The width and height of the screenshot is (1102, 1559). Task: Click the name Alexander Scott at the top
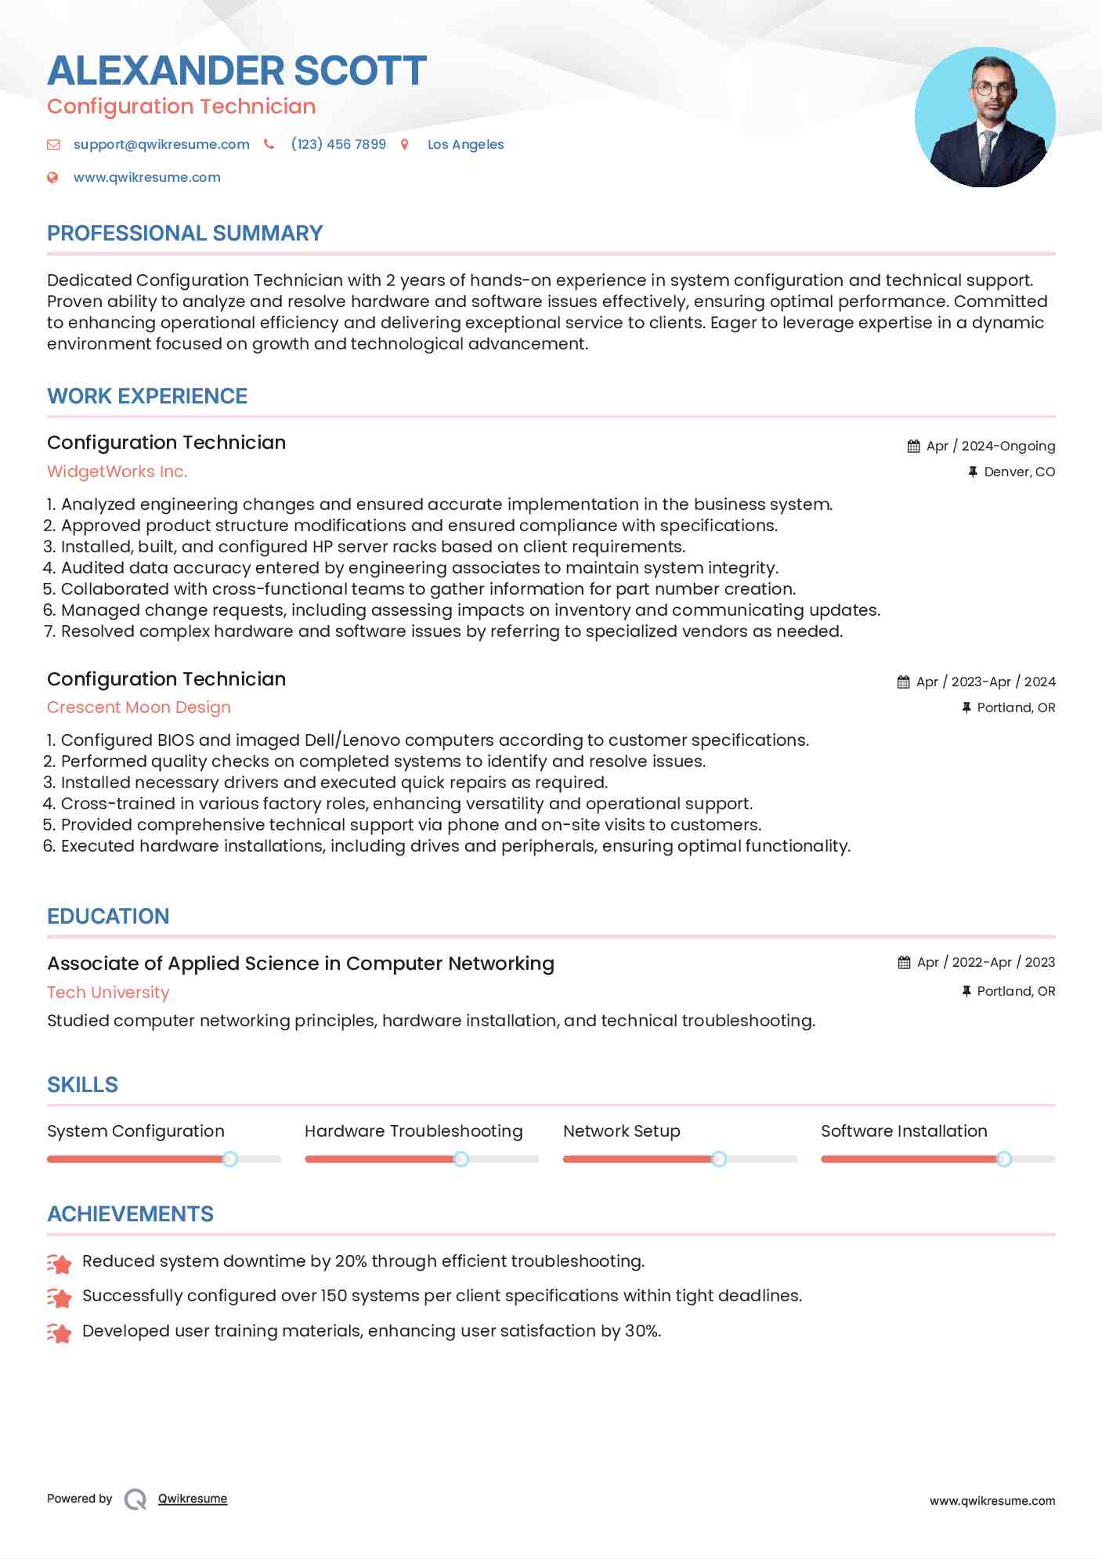(x=237, y=71)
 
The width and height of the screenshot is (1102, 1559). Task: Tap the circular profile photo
(x=985, y=118)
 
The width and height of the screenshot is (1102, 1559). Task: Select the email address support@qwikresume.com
(x=161, y=144)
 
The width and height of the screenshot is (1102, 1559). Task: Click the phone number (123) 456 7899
(x=338, y=144)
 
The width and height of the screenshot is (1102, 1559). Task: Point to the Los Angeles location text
(x=465, y=144)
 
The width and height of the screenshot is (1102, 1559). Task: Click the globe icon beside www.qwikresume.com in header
(x=52, y=177)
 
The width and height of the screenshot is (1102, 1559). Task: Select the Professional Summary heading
(x=185, y=233)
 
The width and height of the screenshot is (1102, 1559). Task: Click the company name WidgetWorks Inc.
(x=117, y=471)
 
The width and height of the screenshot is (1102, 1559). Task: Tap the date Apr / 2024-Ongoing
(x=990, y=446)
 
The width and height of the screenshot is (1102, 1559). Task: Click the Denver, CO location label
(x=1019, y=472)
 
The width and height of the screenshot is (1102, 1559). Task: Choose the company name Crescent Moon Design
(x=139, y=707)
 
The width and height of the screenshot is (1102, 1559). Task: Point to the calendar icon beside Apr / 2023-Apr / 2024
(x=904, y=682)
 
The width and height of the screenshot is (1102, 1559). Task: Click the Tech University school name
(x=108, y=992)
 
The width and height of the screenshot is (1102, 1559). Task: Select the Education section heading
(x=108, y=916)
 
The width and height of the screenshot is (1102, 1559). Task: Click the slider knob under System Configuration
(x=229, y=1159)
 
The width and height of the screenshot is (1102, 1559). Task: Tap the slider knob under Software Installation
(x=1003, y=1159)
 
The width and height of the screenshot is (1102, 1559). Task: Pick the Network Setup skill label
(x=621, y=1130)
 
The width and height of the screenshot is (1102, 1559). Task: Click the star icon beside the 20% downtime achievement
(x=60, y=1262)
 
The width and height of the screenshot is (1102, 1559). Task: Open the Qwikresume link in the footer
(x=193, y=1499)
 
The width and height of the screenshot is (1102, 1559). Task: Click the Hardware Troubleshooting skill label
(x=414, y=1130)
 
